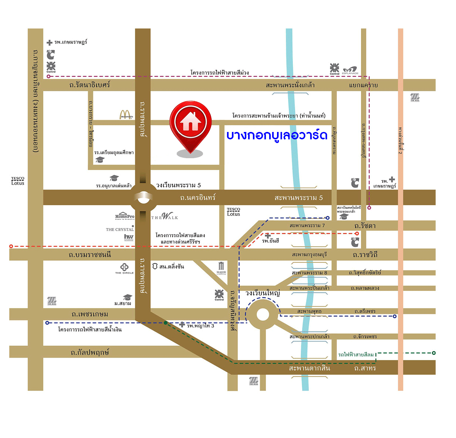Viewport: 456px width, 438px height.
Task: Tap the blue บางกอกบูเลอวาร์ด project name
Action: click(x=277, y=135)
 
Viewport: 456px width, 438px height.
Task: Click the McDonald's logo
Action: click(x=126, y=115)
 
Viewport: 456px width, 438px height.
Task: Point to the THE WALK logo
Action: click(x=165, y=216)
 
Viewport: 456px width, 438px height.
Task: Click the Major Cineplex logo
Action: click(x=221, y=268)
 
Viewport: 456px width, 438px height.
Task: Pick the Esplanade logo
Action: click(x=350, y=70)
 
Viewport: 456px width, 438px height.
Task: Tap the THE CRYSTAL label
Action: click(x=120, y=230)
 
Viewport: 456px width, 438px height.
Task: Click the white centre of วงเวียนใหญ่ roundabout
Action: click(x=263, y=315)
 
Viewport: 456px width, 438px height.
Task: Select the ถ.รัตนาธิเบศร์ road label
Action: click(x=89, y=85)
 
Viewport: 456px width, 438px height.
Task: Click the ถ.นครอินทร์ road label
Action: click(x=197, y=198)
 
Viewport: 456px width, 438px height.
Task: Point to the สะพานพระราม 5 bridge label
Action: click(x=298, y=198)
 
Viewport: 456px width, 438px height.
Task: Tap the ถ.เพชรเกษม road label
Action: click(x=90, y=314)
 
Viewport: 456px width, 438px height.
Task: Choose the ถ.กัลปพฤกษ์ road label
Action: click(x=90, y=352)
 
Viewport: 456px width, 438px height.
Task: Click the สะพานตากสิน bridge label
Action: click(x=309, y=368)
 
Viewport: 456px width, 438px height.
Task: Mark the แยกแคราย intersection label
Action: click(x=363, y=85)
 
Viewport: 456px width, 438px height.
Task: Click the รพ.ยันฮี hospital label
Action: click(x=270, y=241)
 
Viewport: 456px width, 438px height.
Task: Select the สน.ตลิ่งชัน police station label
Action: click(x=171, y=266)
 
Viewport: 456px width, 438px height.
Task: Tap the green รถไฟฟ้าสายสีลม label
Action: click(x=356, y=354)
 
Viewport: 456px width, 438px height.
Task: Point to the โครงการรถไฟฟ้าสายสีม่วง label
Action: click(x=219, y=72)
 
